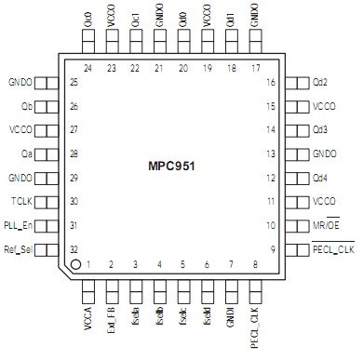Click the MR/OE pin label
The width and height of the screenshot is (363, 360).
click(330, 225)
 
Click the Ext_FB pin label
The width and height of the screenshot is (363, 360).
click(113, 315)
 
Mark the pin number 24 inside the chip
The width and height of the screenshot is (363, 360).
click(89, 69)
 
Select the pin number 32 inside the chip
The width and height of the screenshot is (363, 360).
click(73, 248)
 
